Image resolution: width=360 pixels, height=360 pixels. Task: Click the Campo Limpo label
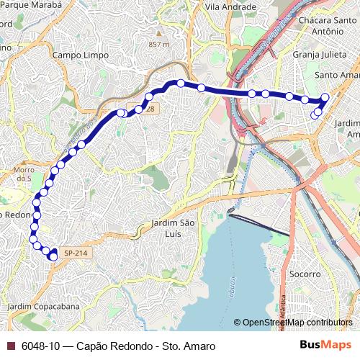coord(81,55)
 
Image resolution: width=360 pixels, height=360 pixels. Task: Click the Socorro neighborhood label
coord(305,274)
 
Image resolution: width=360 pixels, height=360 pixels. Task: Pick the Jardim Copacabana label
coord(43,307)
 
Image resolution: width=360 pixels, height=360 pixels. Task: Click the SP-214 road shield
coord(74,253)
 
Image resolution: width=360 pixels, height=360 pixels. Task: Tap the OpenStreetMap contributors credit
coord(297,323)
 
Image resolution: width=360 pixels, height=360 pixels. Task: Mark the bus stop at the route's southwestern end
coord(53,256)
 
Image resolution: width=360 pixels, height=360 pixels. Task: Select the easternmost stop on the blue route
coord(325,97)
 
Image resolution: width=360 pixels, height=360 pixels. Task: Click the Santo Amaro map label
coord(337,75)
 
